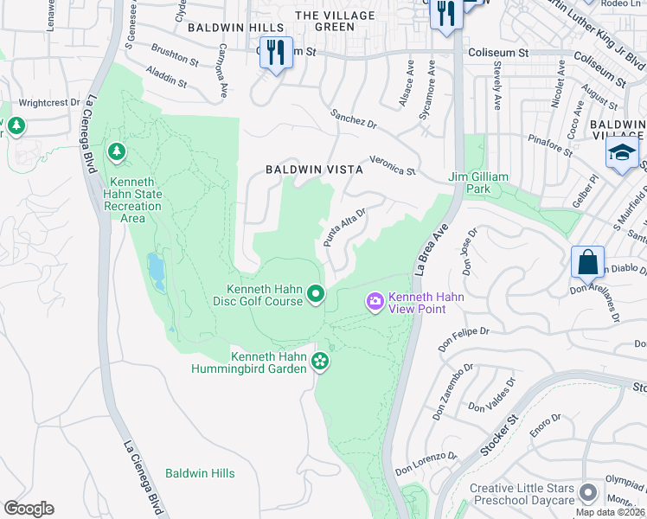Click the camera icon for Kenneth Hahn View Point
(x=375, y=302)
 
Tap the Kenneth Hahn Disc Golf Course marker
(x=316, y=295)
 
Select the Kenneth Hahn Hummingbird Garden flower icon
(x=321, y=360)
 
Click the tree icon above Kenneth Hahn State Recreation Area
(x=116, y=152)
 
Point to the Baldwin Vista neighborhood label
(x=314, y=170)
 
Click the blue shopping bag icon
(x=587, y=261)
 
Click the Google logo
(x=29, y=508)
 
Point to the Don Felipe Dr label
(x=464, y=338)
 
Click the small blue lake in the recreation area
(x=157, y=272)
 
